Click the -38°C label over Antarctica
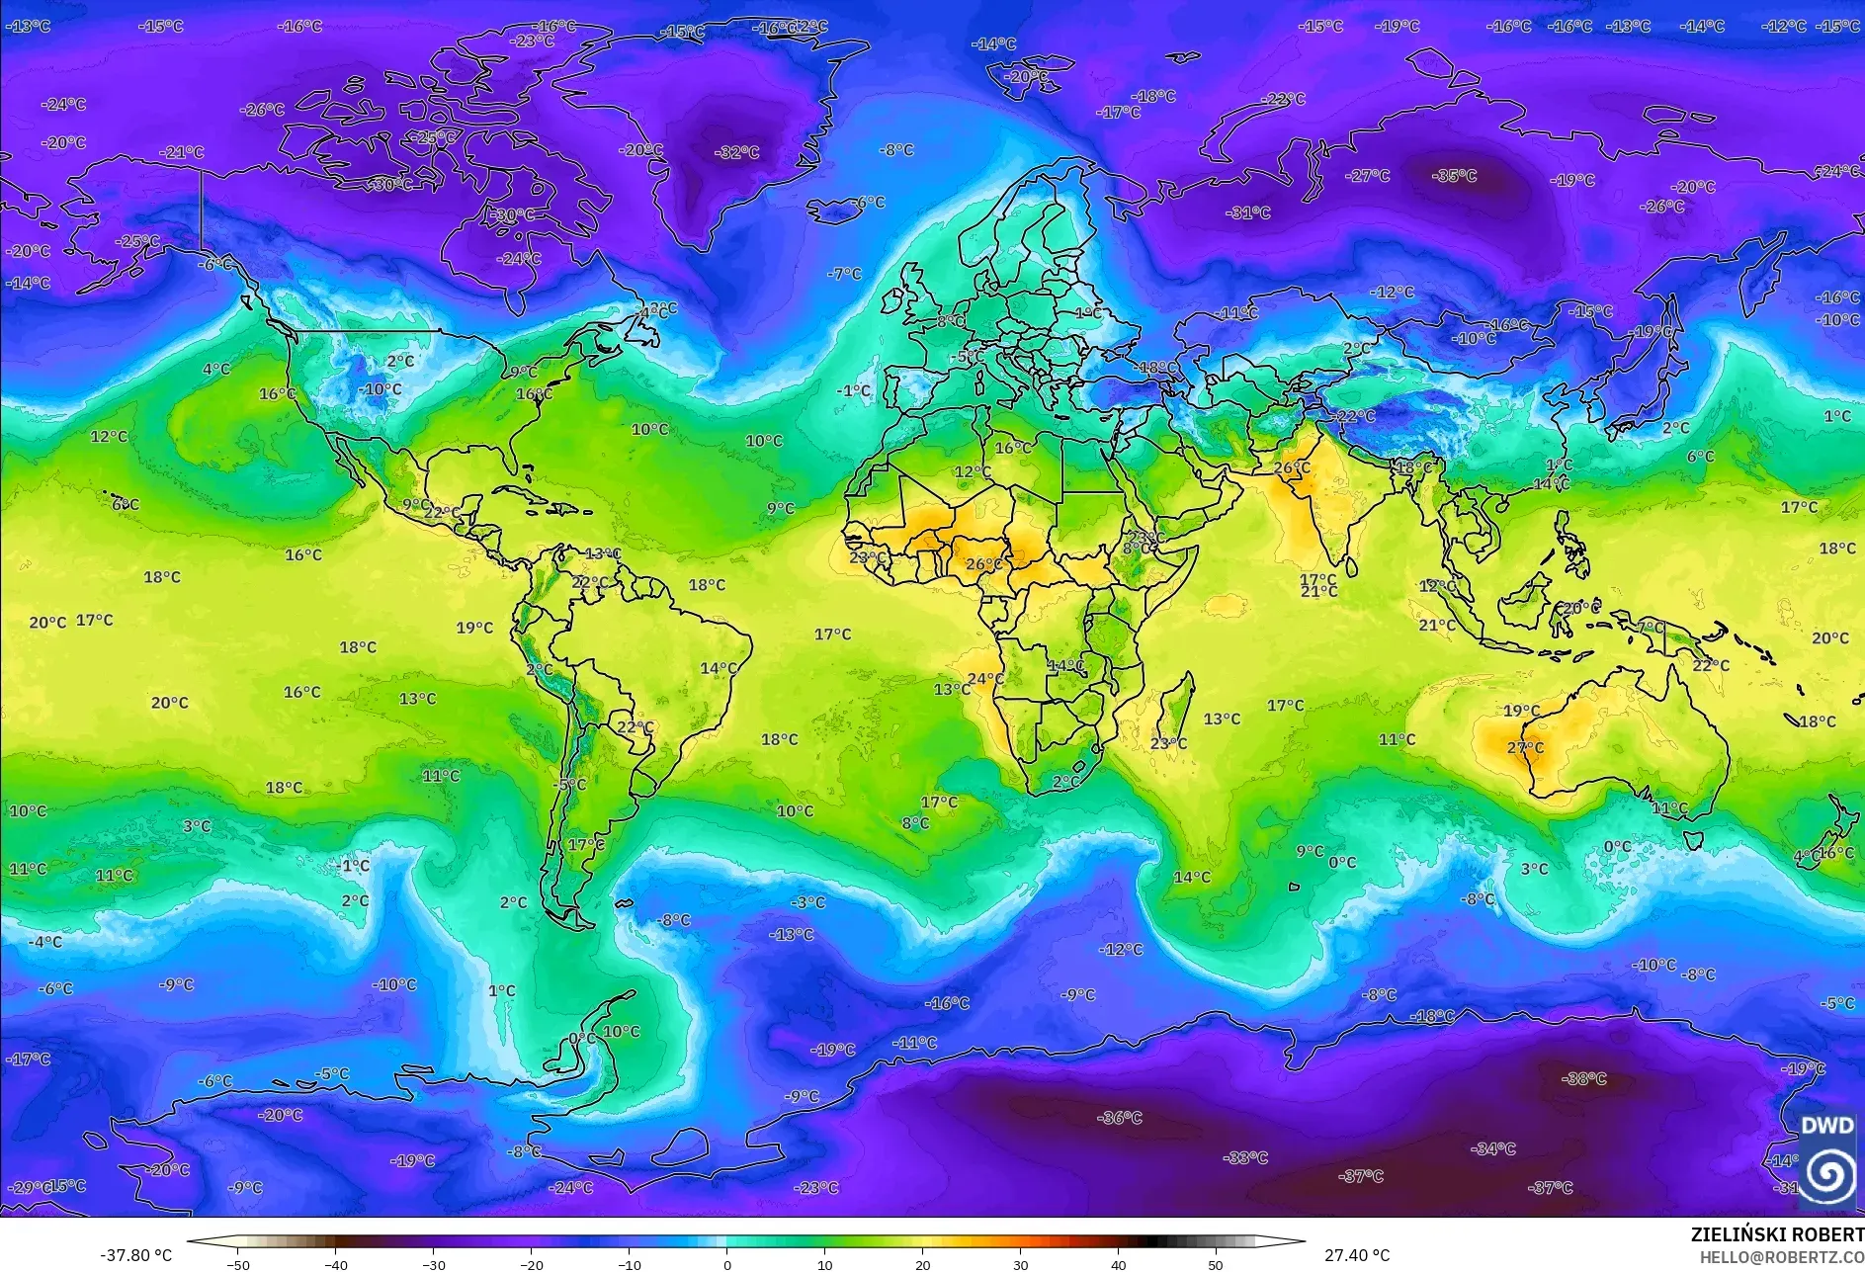point(1583,1078)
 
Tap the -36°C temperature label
point(1120,1118)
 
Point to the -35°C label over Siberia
point(1454,176)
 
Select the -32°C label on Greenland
point(737,152)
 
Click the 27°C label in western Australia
point(1525,748)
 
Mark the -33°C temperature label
point(1244,1157)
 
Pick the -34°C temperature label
point(1492,1148)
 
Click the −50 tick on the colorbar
point(238,1263)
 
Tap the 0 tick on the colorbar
point(727,1263)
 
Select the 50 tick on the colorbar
point(1215,1263)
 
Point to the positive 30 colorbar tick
point(1020,1263)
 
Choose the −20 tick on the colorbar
point(532,1263)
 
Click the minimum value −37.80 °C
point(135,1255)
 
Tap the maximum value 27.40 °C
point(1356,1255)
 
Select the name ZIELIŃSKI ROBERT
point(1776,1234)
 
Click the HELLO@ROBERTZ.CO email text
point(1781,1257)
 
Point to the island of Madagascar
point(1175,714)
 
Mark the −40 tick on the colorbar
point(336,1263)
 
